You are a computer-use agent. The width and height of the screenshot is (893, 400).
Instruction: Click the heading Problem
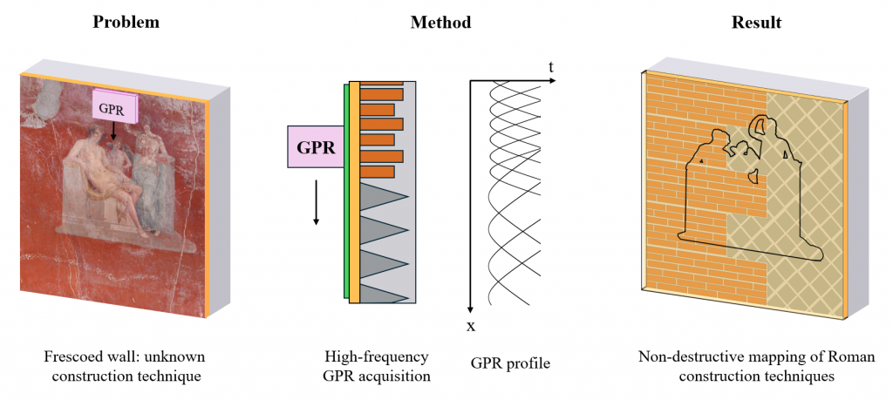[126, 22]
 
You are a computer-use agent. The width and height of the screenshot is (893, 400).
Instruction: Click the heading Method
[440, 22]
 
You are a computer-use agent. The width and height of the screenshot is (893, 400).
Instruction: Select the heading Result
[755, 22]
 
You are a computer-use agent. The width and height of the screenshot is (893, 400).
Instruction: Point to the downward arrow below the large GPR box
[317, 200]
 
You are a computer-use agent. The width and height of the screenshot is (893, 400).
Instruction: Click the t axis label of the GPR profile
[551, 67]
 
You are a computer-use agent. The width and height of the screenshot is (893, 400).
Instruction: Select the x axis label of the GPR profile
[470, 327]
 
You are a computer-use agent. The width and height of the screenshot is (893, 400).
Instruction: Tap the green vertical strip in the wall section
[345, 192]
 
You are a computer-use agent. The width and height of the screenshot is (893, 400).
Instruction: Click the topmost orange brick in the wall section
[382, 82]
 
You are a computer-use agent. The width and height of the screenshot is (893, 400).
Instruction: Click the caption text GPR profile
[509, 363]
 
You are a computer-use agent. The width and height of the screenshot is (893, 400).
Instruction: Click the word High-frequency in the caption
[376, 356]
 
